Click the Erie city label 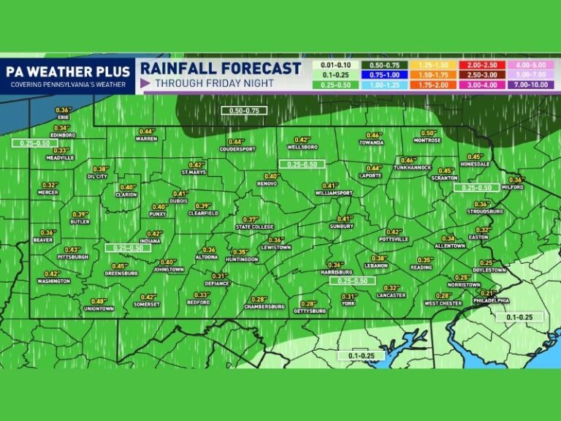(64, 117)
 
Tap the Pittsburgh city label (74, 257)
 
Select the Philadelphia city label (491, 300)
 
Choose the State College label (254, 227)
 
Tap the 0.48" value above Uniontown (99, 301)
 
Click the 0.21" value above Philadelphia (488, 293)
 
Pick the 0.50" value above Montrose (428, 133)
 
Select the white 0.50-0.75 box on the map (244, 110)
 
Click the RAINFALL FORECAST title (221, 68)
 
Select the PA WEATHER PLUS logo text (68, 71)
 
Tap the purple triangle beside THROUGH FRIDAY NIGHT (145, 83)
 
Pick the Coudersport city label (237, 149)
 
